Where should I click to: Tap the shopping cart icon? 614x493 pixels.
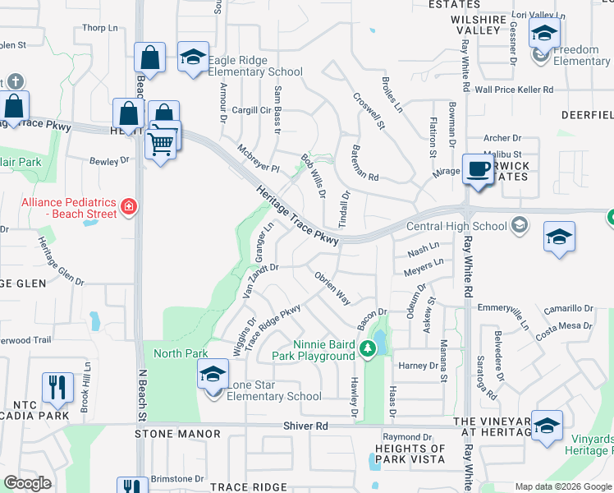pyautogui.click(x=161, y=145)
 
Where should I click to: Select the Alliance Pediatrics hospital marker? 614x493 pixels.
pyautogui.click(x=128, y=205)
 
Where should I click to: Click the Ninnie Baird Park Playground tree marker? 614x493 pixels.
pyautogui.click(x=369, y=350)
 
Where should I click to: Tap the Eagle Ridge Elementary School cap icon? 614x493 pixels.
pyautogui.click(x=193, y=57)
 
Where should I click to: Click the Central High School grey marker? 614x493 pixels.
pyautogui.click(x=518, y=224)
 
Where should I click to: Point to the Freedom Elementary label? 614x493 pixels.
pyautogui.click(x=581, y=55)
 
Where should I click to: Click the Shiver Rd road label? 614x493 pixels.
pyautogui.click(x=305, y=426)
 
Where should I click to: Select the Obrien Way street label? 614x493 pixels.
pyautogui.click(x=333, y=288)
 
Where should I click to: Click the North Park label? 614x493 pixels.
pyautogui.click(x=181, y=353)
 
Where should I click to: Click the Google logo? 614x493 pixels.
pyautogui.click(x=28, y=483)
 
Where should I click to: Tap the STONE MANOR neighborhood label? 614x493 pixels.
pyautogui.click(x=177, y=433)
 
